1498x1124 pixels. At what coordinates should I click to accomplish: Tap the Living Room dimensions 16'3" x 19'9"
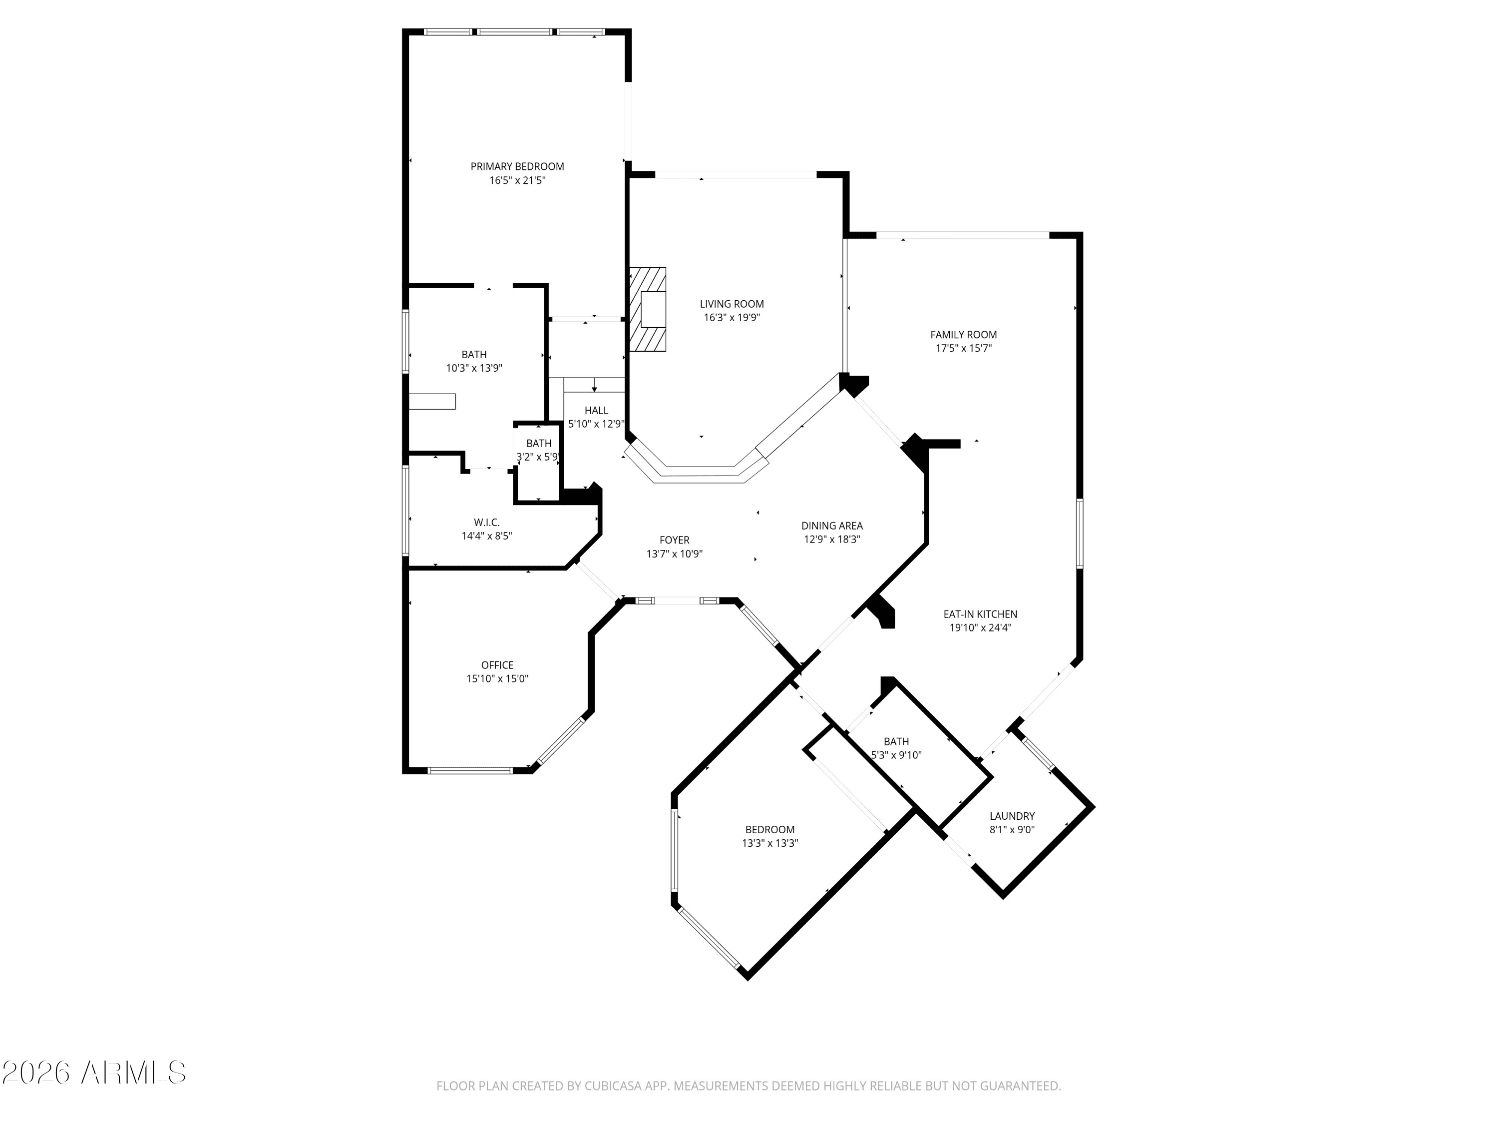tap(732, 318)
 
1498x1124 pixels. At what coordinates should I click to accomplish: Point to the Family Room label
tap(964, 335)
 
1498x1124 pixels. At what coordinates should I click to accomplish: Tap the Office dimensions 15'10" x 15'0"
tap(497, 679)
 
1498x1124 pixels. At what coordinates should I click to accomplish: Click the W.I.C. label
tap(487, 523)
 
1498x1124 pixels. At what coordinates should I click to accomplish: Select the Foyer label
tap(675, 540)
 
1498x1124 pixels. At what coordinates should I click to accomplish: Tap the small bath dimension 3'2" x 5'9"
tap(538, 457)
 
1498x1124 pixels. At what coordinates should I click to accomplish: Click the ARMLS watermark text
tap(93, 1073)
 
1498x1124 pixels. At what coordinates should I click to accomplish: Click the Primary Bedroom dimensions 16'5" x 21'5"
tap(517, 181)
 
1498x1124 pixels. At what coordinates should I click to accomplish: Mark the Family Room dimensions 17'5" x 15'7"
tap(964, 348)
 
